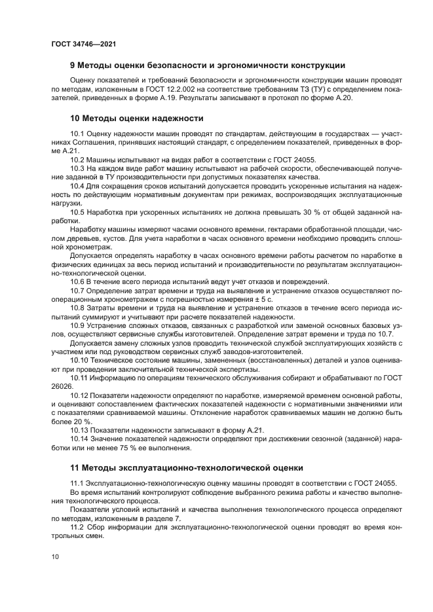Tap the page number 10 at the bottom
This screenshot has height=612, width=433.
pyautogui.click(x=55, y=557)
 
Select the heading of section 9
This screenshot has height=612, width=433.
pyautogui.click(x=208, y=65)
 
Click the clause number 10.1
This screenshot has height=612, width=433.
pyautogui.click(x=77, y=134)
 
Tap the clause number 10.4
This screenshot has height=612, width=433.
pyautogui.click(x=77, y=187)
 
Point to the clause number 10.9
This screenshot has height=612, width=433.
pyautogui.click(x=77, y=325)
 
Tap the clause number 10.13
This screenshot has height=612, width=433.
pyautogui.click(x=79, y=430)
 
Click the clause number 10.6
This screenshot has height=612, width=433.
pyautogui.click(x=77, y=282)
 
